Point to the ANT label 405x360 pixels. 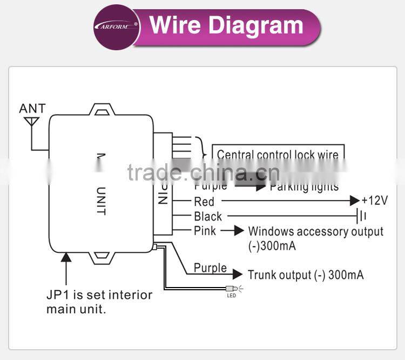pyautogui.click(x=32, y=108)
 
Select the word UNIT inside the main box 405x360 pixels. pyautogui.click(x=100, y=201)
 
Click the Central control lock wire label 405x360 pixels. pyautogui.click(x=278, y=155)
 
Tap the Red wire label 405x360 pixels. pyautogui.click(x=204, y=202)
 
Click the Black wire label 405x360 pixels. pyautogui.click(x=208, y=216)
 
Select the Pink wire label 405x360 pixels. pyautogui.click(x=205, y=231)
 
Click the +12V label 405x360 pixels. pyautogui.click(x=374, y=201)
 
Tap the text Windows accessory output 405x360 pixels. pyautogui.click(x=315, y=231)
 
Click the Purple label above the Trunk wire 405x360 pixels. pyautogui.click(x=210, y=268)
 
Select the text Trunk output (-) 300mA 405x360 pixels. pyautogui.click(x=305, y=275)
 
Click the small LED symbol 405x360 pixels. pyautogui.click(x=232, y=289)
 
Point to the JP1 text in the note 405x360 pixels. pyautogui.click(x=57, y=295)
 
